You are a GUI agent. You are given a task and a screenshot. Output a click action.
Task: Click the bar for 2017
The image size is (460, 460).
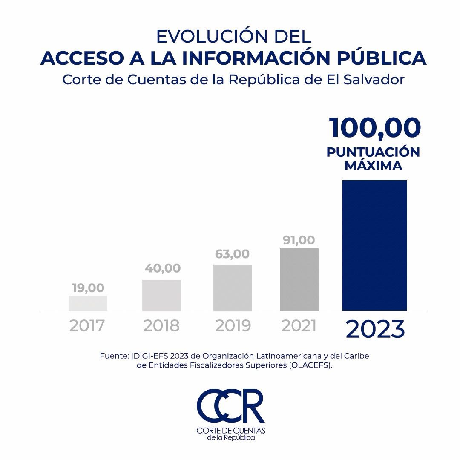[x=88, y=303]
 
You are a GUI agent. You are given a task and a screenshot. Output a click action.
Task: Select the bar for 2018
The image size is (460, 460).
[x=161, y=295]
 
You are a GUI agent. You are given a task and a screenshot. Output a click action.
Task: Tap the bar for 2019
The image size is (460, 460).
[x=233, y=287]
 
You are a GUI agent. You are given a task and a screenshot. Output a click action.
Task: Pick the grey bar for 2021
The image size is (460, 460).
[x=299, y=279]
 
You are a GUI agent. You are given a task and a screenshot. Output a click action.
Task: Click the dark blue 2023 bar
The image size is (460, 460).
[x=375, y=245]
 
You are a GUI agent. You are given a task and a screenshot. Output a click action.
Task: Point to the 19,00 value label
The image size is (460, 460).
[x=88, y=288]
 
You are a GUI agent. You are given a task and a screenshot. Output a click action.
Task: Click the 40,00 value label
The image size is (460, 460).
[x=162, y=268]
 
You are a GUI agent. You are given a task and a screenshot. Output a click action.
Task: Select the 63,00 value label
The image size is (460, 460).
[x=232, y=254]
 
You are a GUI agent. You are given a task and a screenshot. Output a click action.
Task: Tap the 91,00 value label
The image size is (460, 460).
[x=299, y=240]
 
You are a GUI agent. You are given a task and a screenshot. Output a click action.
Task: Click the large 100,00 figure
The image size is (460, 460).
[x=375, y=128]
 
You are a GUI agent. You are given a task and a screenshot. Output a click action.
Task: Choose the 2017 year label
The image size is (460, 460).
[x=87, y=326]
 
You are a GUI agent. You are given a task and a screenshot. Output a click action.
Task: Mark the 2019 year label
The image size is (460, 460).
[x=233, y=326]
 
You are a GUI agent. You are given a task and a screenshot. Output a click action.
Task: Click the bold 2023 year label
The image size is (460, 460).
[x=375, y=329]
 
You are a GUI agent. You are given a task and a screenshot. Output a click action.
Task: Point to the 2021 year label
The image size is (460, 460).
[x=299, y=326]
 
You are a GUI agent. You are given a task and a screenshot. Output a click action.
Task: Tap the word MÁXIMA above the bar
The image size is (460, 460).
[x=374, y=166]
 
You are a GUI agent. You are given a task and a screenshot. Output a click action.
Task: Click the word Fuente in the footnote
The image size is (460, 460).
[x=113, y=356]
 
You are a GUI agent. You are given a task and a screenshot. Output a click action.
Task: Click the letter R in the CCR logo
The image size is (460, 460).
[x=252, y=405]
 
